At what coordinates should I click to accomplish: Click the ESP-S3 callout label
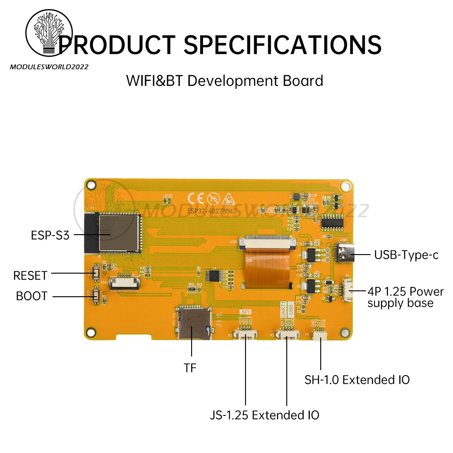click(x=50, y=235)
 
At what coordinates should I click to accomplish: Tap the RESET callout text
click(x=30, y=275)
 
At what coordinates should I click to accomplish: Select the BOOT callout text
click(x=32, y=296)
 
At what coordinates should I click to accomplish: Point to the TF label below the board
click(x=190, y=368)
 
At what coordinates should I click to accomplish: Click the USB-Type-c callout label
click(x=406, y=255)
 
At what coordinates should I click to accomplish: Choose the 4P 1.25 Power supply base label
click(x=405, y=297)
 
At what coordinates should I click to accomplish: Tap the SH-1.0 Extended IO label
click(x=357, y=380)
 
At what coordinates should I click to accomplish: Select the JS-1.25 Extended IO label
click(x=265, y=414)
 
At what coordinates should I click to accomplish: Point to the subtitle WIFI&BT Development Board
click(x=225, y=81)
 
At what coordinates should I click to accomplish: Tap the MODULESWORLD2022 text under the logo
click(x=49, y=67)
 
